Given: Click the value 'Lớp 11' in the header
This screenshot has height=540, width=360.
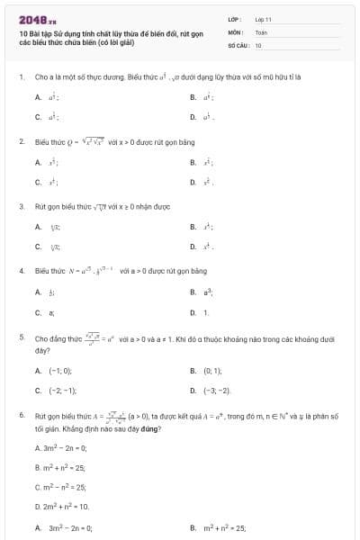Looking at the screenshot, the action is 263,19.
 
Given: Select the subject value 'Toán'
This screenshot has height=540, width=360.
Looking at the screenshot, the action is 261,31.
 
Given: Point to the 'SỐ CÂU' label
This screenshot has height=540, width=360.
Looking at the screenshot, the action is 237,44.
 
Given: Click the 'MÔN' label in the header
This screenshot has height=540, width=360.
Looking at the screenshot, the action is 235,31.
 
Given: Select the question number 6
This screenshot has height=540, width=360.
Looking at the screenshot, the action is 21,417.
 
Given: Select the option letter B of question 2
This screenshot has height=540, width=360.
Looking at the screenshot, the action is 193,162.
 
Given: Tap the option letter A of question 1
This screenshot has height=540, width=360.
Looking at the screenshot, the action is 38,97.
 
